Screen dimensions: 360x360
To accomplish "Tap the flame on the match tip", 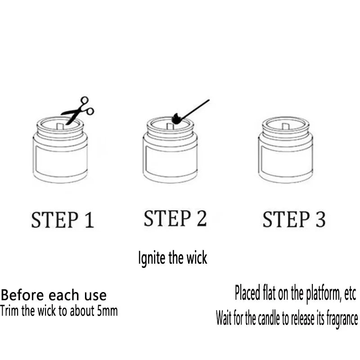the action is tap(176, 118).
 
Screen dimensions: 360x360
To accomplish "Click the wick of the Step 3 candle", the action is tap(285, 126).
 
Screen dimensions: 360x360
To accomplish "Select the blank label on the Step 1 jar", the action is tap(60, 161).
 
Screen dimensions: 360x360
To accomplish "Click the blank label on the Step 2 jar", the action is tap(171, 161).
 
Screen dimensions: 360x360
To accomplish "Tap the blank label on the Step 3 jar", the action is tap(286, 161).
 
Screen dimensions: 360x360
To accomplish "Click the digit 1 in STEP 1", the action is tap(89, 220).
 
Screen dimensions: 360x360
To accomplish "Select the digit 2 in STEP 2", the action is tap(201, 218).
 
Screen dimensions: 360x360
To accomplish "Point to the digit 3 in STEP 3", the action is tap(320, 219).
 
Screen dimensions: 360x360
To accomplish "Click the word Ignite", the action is tap(152, 258).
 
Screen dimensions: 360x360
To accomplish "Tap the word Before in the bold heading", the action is tap(22, 295).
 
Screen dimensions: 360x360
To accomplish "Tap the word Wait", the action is tap(224, 318).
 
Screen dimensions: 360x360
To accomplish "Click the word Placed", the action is tap(247, 293).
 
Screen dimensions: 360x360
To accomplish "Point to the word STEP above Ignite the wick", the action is tap(167, 218).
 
